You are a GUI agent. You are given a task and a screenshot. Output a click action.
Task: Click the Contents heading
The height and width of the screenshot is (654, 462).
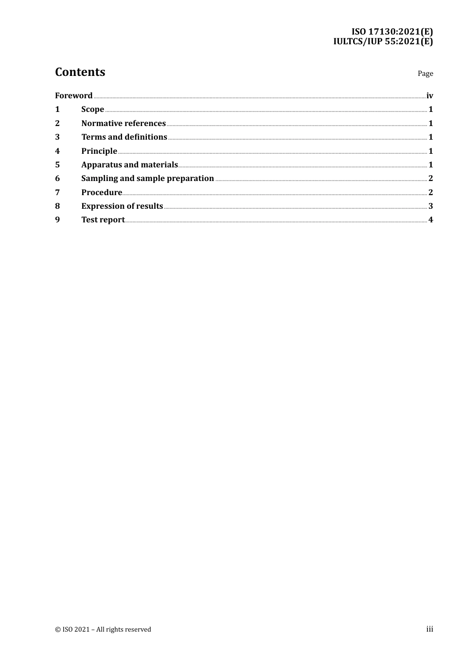pyautogui.click(x=80, y=72)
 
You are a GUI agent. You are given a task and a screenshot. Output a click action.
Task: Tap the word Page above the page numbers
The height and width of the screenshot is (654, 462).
pyautogui.click(x=425, y=73)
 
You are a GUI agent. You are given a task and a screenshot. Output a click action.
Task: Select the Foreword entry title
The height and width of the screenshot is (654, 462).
pyautogui.click(x=73, y=95)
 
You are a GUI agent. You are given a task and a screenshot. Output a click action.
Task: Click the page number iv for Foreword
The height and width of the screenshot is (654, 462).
pyautogui.click(x=429, y=95)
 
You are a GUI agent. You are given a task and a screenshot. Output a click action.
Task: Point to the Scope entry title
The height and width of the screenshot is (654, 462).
pyautogui.click(x=92, y=109)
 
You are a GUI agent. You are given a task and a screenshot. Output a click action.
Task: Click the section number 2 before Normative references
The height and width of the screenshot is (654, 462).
pyautogui.click(x=57, y=123)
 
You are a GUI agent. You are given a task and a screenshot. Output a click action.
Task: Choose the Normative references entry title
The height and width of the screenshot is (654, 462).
pyautogui.click(x=124, y=123)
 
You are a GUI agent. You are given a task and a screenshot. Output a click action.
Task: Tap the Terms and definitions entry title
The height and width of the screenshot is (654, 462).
pyautogui.click(x=124, y=137)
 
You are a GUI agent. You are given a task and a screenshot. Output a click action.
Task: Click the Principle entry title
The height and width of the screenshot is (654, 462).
pyautogui.click(x=99, y=151)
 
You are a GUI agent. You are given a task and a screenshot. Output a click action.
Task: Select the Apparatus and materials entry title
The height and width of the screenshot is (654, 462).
pyautogui.click(x=129, y=164)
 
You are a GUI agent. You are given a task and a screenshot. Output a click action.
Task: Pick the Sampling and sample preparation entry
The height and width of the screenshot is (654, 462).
pyautogui.click(x=147, y=179)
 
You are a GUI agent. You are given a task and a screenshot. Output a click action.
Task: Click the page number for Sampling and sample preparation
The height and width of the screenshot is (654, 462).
pyautogui.click(x=430, y=179)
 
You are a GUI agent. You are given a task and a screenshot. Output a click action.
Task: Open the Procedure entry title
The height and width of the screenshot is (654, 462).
pyautogui.click(x=102, y=192)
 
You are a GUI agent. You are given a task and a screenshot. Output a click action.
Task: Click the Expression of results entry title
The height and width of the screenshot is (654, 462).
pyautogui.click(x=122, y=206)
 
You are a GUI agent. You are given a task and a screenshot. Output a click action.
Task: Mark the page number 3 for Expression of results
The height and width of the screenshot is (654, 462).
pyautogui.click(x=430, y=206)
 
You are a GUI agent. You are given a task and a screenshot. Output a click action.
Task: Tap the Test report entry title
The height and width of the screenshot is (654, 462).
pyautogui.click(x=103, y=220)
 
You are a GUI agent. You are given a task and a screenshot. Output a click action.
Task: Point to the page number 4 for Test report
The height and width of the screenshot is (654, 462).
pyautogui.click(x=430, y=220)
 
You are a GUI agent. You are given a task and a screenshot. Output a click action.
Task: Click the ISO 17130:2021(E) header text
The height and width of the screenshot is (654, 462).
pyautogui.click(x=392, y=32)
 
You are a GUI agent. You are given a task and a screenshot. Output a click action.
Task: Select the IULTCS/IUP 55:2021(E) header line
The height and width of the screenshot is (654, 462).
pyautogui.click(x=383, y=41)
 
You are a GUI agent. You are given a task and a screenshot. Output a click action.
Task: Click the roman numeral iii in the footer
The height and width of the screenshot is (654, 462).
pyautogui.click(x=429, y=629)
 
